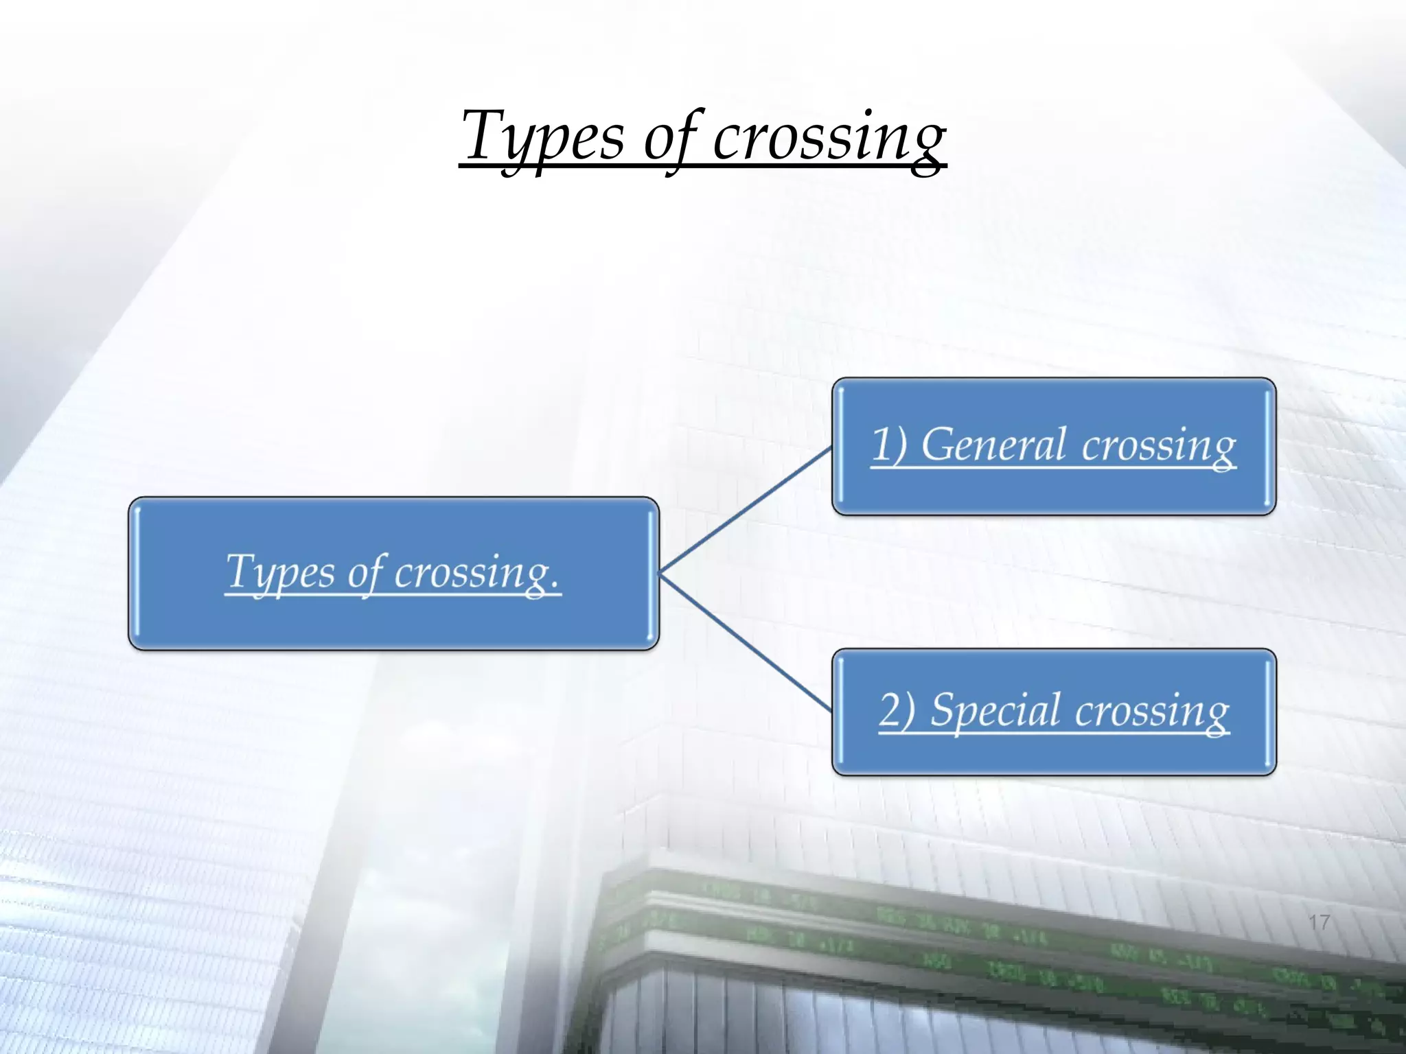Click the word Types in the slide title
coord(542,137)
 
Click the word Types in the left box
coord(280,572)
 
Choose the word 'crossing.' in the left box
coord(476,574)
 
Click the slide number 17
coord(1319,922)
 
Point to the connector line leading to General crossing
coord(745,510)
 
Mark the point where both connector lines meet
coord(660,572)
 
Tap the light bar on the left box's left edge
coord(137,573)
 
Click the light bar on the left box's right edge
coord(651,573)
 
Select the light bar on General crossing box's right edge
coord(1267,446)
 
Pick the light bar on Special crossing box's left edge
coord(841,711)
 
